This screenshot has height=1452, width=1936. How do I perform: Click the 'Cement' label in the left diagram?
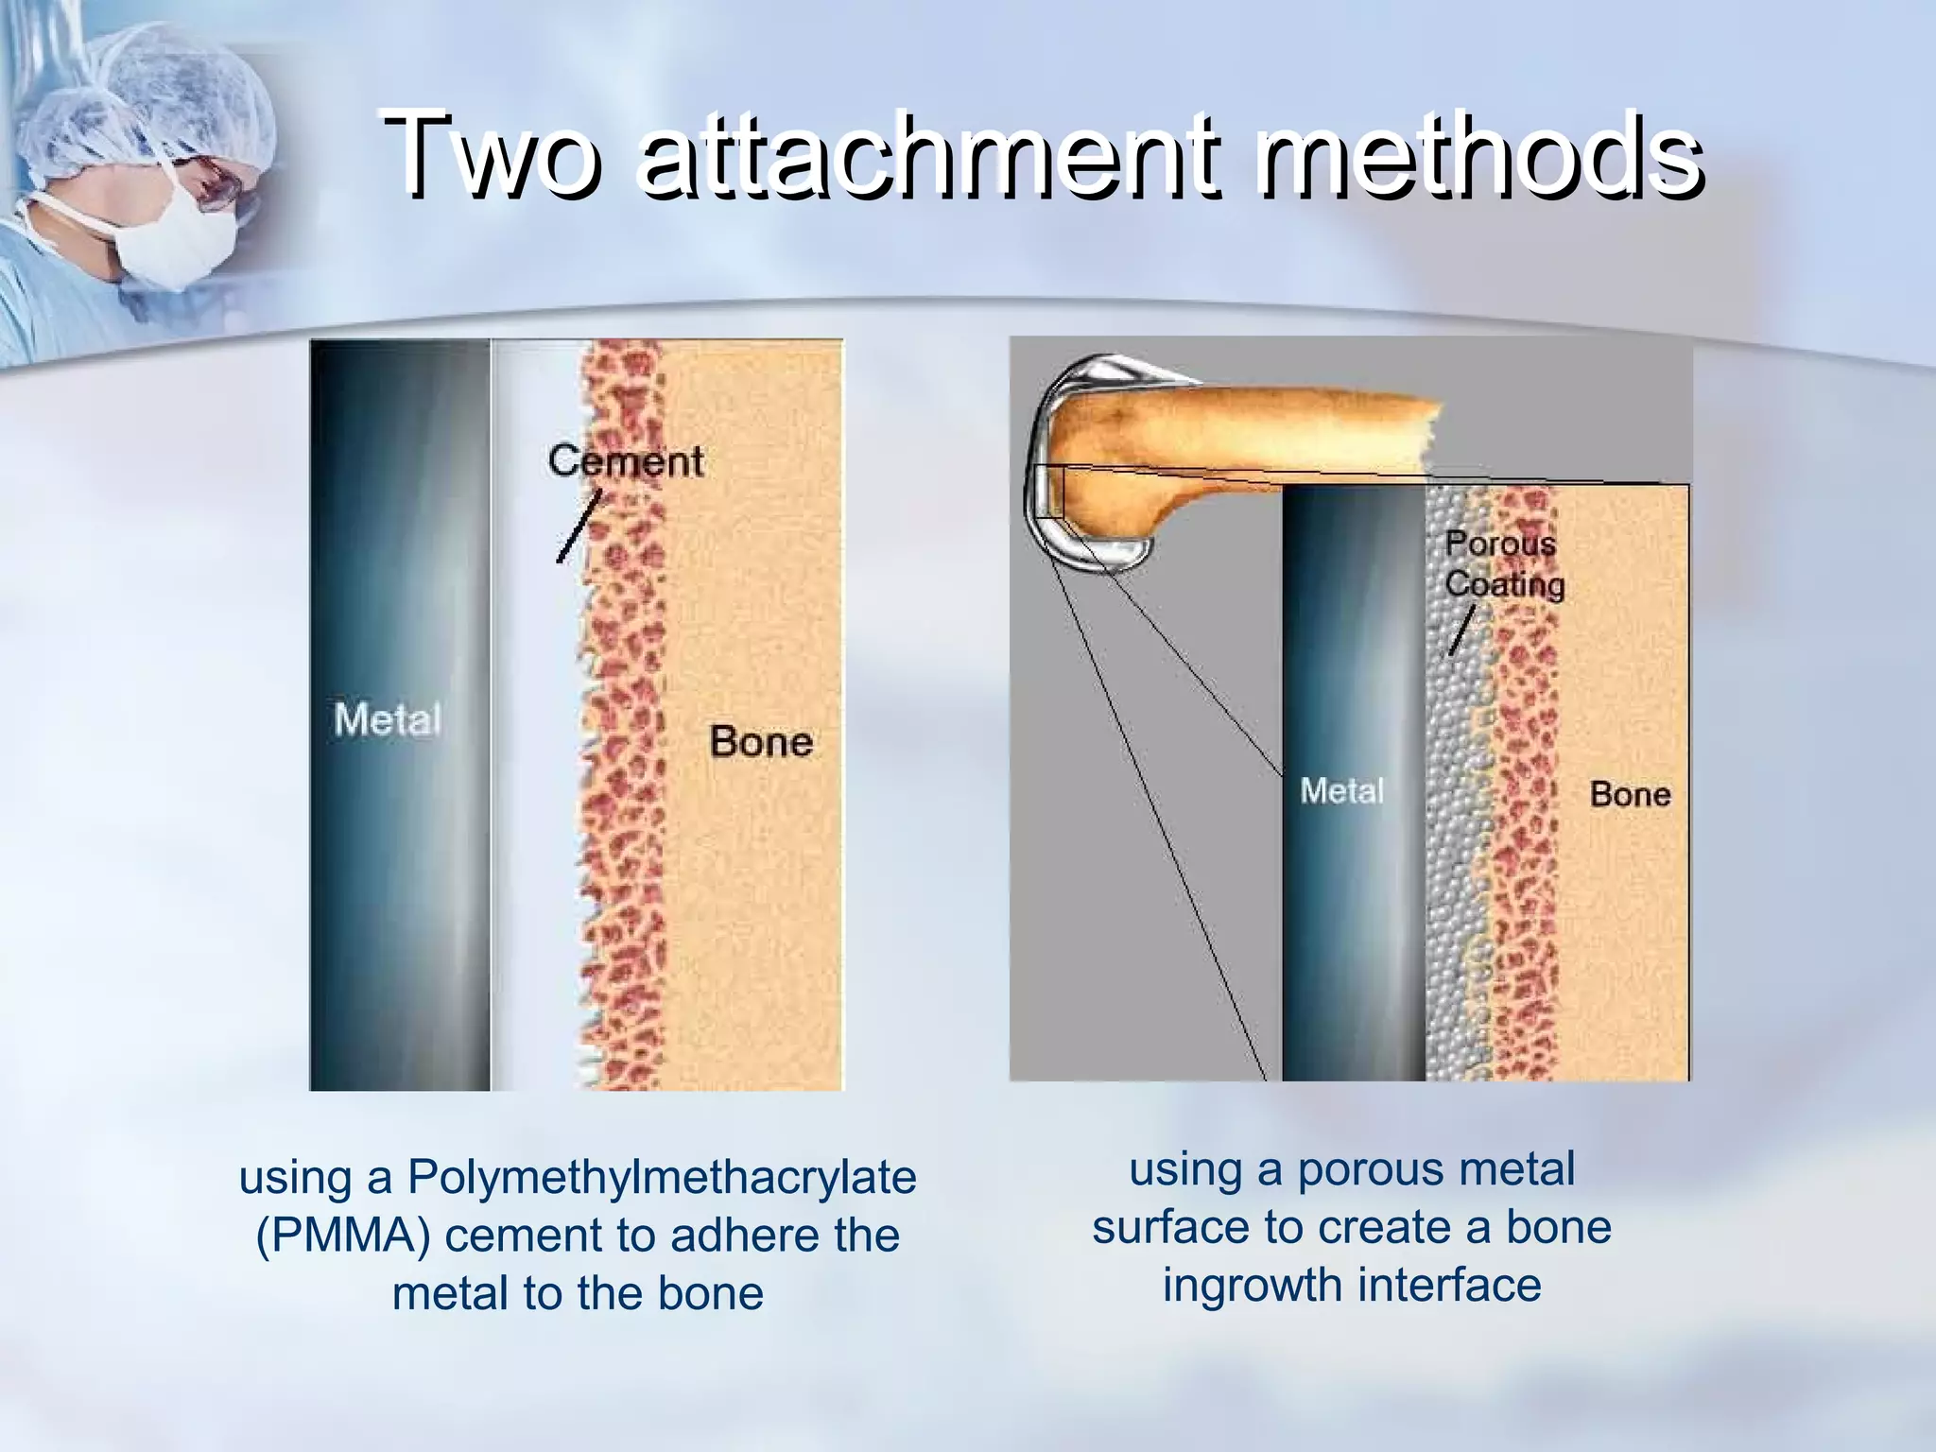[x=625, y=461]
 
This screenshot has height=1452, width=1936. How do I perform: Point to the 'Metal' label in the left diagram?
[x=388, y=720]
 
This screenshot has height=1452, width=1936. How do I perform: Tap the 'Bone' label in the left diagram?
[x=761, y=742]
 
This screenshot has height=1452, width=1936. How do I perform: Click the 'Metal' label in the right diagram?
[x=1341, y=791]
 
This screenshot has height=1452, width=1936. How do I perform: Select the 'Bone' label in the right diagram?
[x=1630, y=794]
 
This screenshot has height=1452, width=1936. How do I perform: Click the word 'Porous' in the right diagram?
[x=1500, y=544]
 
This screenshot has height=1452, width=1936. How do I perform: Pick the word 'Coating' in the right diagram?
[x=1504, y=584]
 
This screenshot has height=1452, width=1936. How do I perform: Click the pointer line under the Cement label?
[x=579, y=527]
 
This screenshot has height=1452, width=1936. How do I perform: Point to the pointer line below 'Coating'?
[x=1462, y=631]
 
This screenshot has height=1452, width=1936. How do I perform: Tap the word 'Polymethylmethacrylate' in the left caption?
[x=662, y=1178]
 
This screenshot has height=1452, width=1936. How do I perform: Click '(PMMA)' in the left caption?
[x=341, y=1236]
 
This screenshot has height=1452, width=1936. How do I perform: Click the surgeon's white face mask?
[x=175, y=236]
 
